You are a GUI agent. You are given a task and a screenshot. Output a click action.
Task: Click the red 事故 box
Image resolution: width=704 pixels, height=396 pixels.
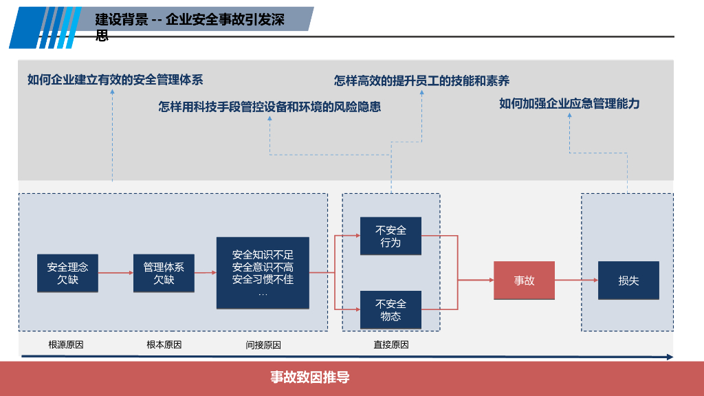point(524,280)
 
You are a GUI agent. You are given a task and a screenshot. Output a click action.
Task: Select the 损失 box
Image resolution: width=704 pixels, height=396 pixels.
point(628,280)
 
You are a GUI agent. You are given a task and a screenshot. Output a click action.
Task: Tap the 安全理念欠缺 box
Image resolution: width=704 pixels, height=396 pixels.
point(67,273)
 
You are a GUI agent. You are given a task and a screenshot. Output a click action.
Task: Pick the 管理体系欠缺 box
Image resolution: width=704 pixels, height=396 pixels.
point(164,273)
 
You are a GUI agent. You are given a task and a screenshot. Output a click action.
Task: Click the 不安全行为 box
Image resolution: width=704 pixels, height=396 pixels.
point(390,236)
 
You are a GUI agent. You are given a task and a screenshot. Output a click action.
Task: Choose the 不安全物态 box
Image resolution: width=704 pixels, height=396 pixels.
point(390,310)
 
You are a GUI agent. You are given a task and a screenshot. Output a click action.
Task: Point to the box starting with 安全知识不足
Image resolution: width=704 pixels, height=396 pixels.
point(263,273)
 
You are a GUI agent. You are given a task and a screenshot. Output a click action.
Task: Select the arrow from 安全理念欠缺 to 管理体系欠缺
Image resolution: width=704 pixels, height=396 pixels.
point(115,273)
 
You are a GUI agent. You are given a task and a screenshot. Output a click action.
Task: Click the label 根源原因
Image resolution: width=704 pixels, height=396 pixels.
point(66,344)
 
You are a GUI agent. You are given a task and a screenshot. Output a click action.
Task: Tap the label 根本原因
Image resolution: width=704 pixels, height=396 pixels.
point(164,344)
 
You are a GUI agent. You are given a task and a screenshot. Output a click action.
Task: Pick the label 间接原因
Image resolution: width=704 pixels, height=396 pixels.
point(263,345)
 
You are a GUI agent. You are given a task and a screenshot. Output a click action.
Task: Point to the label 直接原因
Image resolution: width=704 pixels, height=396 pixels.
point(390,345)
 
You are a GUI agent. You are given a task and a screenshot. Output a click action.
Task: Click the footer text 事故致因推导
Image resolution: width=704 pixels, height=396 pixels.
point(309,377)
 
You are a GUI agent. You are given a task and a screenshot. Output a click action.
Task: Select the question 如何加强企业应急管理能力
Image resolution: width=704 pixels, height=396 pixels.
point(569,104)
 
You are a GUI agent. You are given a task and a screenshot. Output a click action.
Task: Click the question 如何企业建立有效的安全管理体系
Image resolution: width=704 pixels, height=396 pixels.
point(115,80)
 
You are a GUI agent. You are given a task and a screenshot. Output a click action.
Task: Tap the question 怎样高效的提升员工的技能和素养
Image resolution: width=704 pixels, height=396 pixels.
point(421,81)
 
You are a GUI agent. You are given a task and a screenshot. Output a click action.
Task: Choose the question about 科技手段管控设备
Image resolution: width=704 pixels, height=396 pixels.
point(269,107)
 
